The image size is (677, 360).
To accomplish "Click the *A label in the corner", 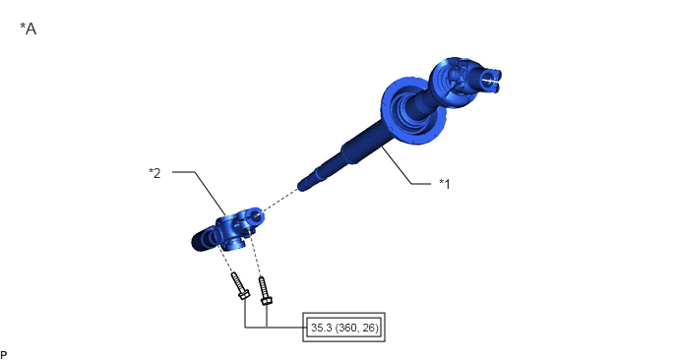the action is [29, 29].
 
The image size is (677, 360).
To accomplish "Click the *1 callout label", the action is [445, 184].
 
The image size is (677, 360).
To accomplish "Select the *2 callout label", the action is [154, 173].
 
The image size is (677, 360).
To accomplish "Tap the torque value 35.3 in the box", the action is [321, 328].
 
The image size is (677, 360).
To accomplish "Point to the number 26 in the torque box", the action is [369, 328].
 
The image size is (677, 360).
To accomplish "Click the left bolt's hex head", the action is [244, 295].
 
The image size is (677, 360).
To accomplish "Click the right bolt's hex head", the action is [267, 300].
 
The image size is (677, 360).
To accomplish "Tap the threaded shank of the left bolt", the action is [236, 281].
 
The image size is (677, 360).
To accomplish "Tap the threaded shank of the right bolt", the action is [263, 286].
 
